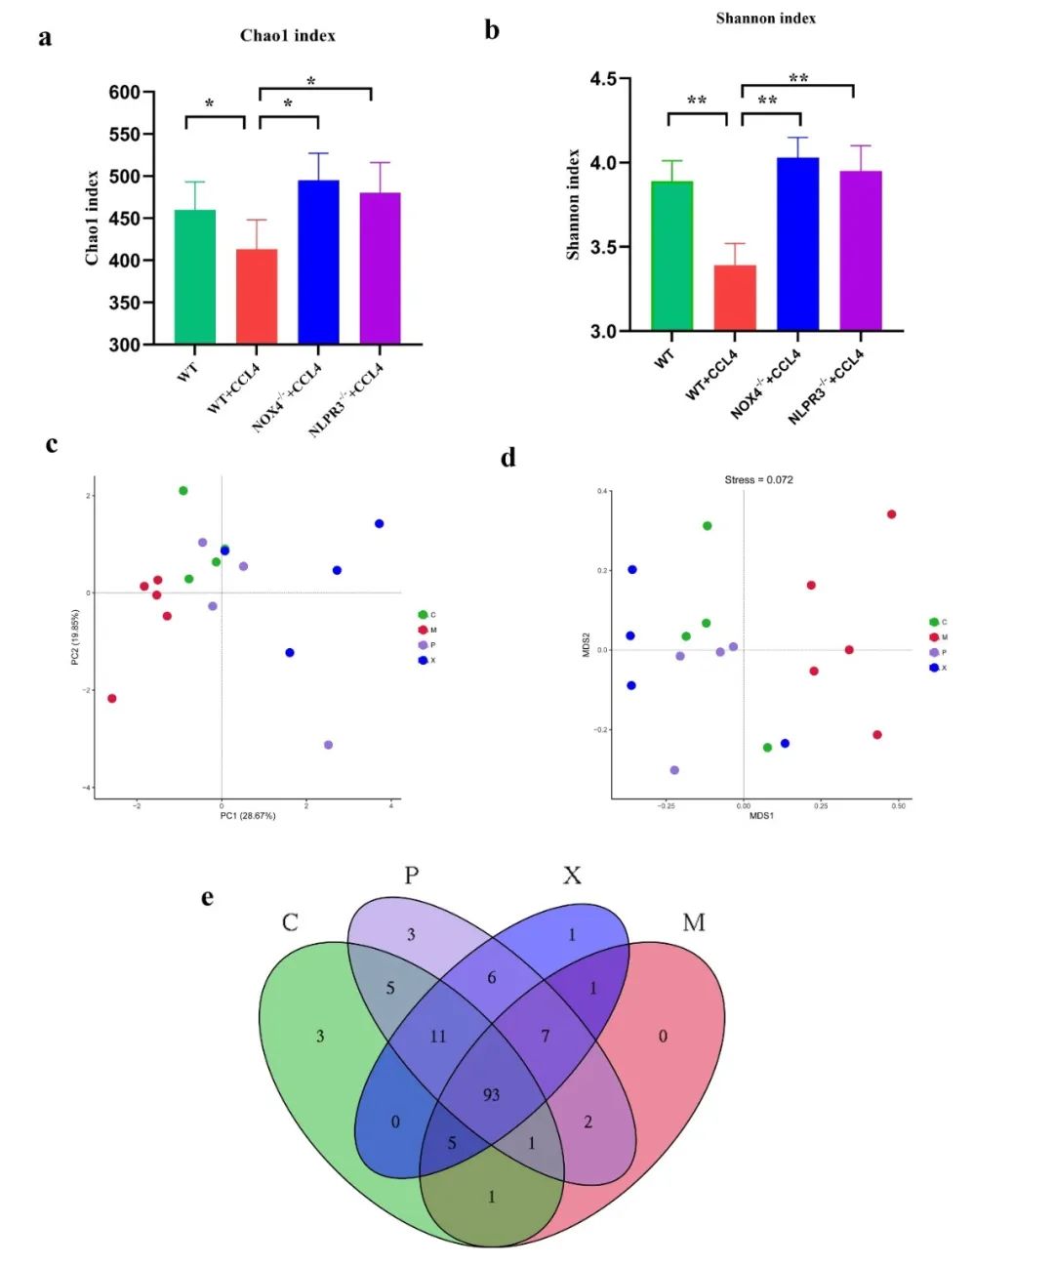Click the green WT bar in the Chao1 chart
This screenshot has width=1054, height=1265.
click(x=195, y=277)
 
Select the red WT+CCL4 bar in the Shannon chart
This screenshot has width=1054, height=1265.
click(x=735, y=298)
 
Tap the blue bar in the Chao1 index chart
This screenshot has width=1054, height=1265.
click(x=319, y=262)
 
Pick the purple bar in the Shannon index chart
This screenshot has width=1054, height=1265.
click(x=861, y=251)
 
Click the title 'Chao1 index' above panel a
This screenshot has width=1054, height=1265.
click(x=288, y=36)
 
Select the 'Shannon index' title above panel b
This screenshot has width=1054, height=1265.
click(x=766, y=19)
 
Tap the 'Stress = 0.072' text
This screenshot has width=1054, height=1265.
click(x=758, y=480)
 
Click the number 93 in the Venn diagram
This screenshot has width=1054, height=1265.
click(x=491, y=1095)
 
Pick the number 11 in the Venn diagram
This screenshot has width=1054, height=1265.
click(x=438, y=1037)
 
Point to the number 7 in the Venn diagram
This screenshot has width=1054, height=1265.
click(x=546, y=1037)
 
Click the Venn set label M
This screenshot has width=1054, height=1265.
click(x=694, y=922)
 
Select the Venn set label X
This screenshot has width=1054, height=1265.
click(x=572, y=876)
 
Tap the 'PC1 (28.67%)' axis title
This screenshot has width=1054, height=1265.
click(x=248, y=816)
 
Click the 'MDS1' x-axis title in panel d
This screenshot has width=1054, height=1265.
click(x=761, y=815)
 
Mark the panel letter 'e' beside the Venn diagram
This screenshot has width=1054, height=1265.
click(x=208, y=897)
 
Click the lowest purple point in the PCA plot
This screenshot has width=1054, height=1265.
click(x=328, y=745)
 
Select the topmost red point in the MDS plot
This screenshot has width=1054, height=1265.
click(x=891, y=514)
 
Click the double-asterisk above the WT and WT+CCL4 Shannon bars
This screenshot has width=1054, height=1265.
click(x=697, y=101)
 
